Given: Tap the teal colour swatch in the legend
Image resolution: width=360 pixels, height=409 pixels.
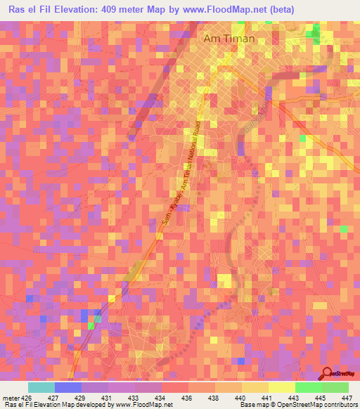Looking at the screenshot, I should click(x=41, y=387).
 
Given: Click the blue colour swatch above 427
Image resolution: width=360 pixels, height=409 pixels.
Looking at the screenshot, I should click(x=68, y=387).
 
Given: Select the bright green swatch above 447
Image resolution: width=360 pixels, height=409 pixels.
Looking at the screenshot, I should click(x=335, y=387).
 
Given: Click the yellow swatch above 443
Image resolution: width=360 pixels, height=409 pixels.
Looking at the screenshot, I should click(x=282, y=387).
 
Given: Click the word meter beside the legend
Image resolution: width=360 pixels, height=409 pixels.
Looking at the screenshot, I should click(x=13, y=397).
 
